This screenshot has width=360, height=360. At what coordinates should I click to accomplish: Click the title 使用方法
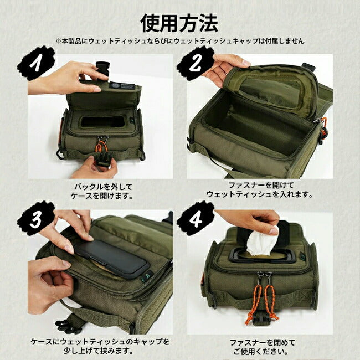[179, 23]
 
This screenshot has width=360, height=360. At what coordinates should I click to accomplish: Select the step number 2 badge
[195, 63]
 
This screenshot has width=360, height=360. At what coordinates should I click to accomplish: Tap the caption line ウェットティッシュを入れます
[260, 194]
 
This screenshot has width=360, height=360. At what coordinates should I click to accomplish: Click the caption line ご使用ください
[260, 351]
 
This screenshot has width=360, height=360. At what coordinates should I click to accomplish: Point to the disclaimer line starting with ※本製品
[179, 41]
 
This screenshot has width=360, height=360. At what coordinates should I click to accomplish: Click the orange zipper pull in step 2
[323, 127]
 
